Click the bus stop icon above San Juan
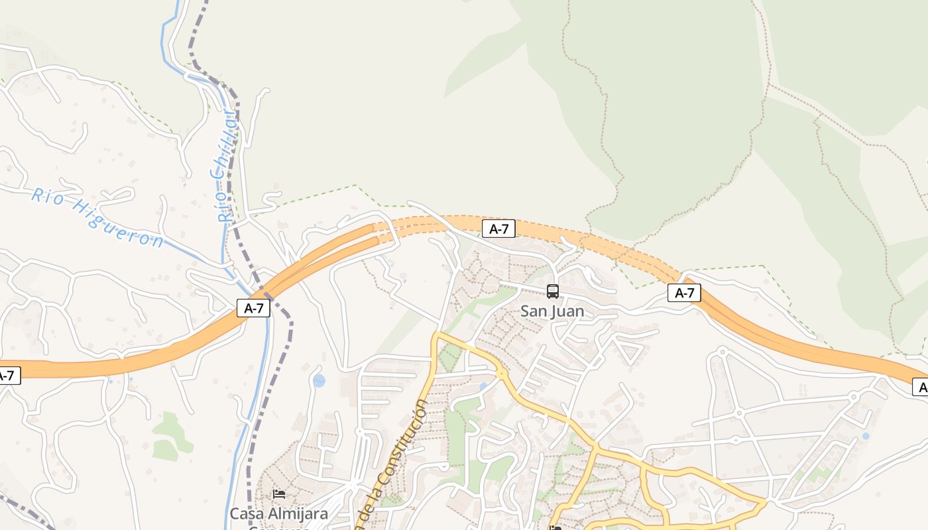point(552,291)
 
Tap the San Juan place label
point(552,311)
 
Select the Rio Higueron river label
point(97,217)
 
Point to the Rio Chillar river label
point(227,166)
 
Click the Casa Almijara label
point(278,513)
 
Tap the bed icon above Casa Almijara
point(279,494)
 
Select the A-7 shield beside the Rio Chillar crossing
point(254,307)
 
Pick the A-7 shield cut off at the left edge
point(8,376)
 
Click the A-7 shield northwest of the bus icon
point(498,229)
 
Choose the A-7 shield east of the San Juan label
point(684,293)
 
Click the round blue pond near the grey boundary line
point(319,380)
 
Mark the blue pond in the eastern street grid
point(865,436)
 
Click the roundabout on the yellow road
point(502,374)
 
